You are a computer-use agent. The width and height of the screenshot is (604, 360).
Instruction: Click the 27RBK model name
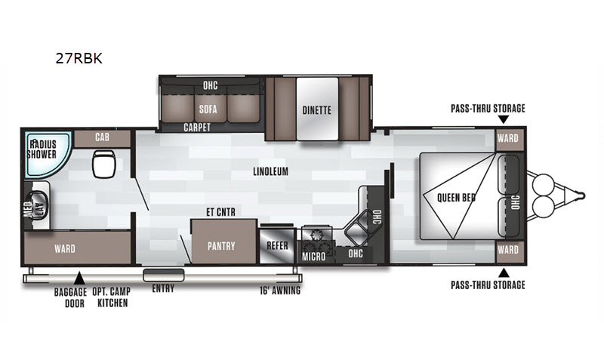[79, 58]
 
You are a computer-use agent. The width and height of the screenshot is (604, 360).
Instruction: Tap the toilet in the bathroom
[104, 164]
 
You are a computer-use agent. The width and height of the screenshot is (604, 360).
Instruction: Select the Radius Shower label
[42, 149]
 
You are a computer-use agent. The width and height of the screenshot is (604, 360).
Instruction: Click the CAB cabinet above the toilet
[102, 138]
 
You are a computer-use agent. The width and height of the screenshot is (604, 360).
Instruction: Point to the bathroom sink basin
[39, 205]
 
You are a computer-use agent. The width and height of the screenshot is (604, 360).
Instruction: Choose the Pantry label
[221, 246]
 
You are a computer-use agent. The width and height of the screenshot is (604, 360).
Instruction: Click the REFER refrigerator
[277, 245]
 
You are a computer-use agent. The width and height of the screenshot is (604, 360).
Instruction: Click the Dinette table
[317, 109]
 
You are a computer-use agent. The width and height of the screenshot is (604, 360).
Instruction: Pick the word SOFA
[208, 109]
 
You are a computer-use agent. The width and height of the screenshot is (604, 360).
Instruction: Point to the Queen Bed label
[456, 198]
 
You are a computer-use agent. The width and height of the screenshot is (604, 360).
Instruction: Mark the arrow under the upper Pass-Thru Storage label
[503, 119]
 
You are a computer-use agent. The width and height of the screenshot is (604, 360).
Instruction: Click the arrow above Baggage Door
[79, 278]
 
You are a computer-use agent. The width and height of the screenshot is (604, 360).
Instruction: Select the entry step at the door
[164, 275]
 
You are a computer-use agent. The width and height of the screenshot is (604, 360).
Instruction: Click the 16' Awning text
[280, 291]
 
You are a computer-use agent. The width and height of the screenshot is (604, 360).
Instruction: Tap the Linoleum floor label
[270, 171]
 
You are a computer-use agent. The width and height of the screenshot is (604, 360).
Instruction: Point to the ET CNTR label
[220, 212]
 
